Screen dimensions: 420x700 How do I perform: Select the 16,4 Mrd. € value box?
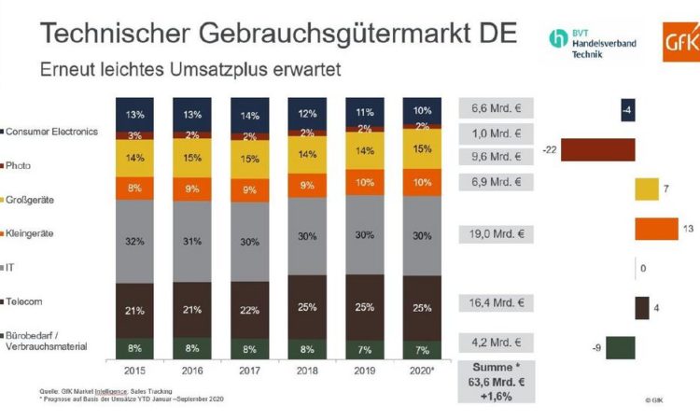pyautogui.click(x=495, y=302)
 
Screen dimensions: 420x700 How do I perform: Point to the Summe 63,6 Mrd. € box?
pyautogui.click(x=495, y=381)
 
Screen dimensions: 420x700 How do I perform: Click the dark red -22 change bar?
pyautogui.click(x=598, y=149)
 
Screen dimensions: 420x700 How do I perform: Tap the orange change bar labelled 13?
pyautogui.click(x=656, y=229)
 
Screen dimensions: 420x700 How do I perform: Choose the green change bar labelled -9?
pyautogui.click(x=621, y=347)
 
